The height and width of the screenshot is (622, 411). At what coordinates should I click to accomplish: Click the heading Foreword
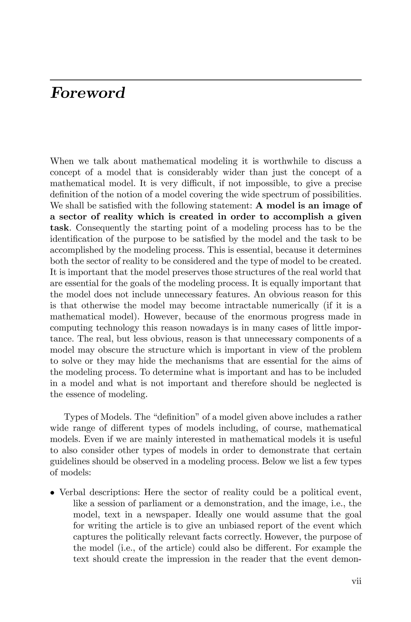[x=87, y=93]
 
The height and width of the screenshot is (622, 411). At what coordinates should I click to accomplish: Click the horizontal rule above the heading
[x=205, y=80]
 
